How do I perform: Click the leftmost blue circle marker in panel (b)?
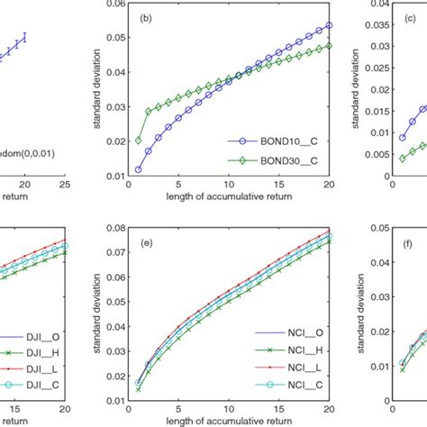coord(113,169)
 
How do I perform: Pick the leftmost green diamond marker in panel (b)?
coord(113,141)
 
